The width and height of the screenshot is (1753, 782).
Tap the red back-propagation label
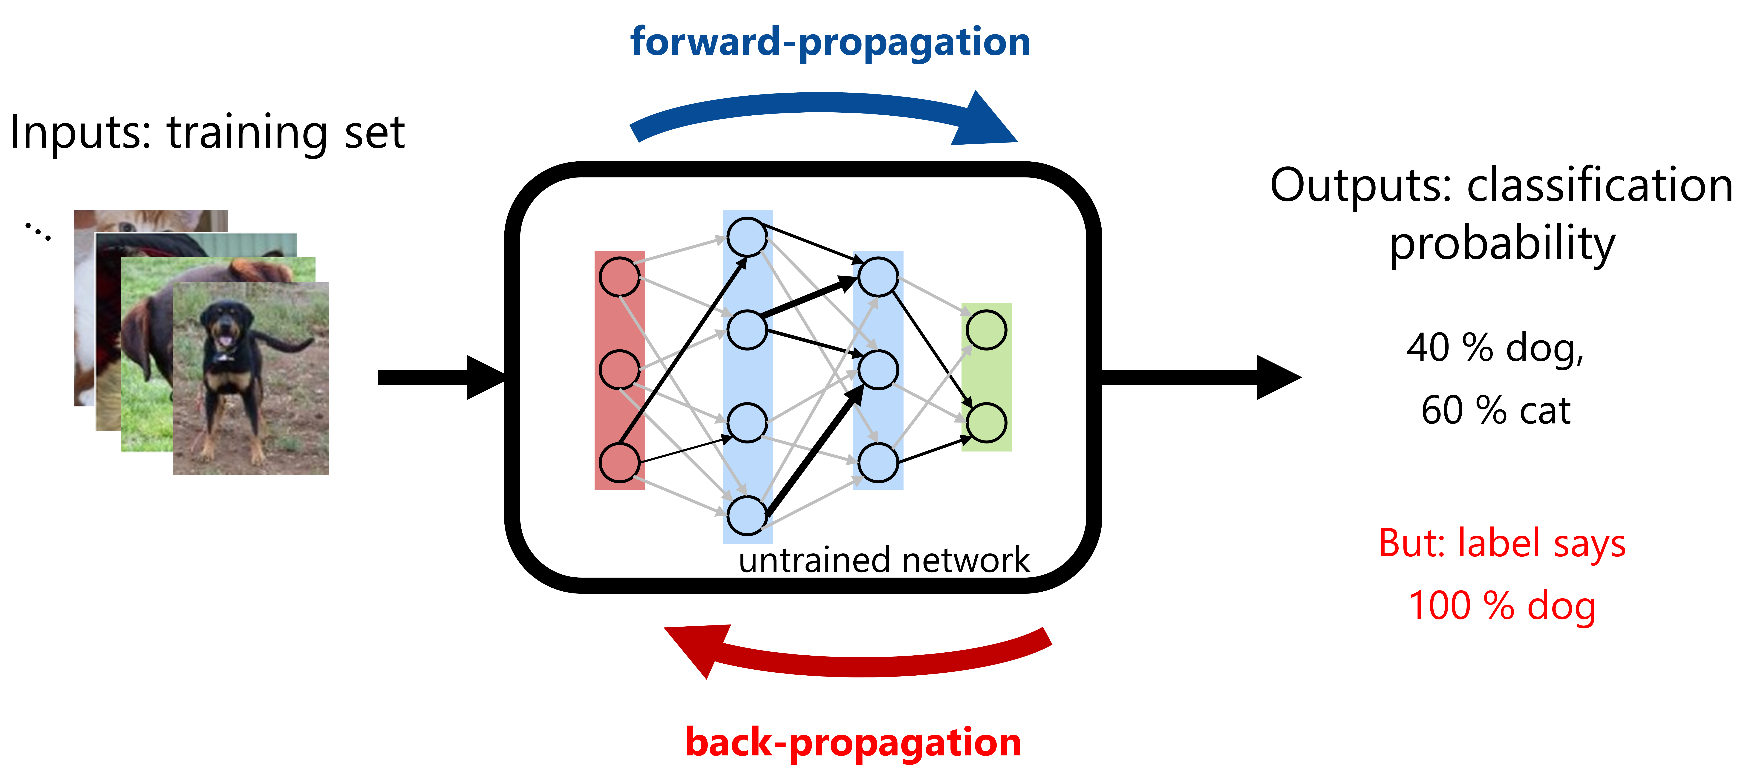[x=853, y=742]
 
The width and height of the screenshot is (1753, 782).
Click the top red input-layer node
[x=619, y=277]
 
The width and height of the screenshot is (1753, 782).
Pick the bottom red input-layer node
[x=619, y=463]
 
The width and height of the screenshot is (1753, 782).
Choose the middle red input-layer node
[x=619, y=370]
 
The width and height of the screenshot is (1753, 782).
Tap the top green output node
[x=986, y=330]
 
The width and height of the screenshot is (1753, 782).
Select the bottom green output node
[x=986, y=423]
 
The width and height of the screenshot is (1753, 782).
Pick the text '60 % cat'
[x=1495, y=410]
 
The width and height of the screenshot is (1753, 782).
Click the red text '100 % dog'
[x=1502, y=606]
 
